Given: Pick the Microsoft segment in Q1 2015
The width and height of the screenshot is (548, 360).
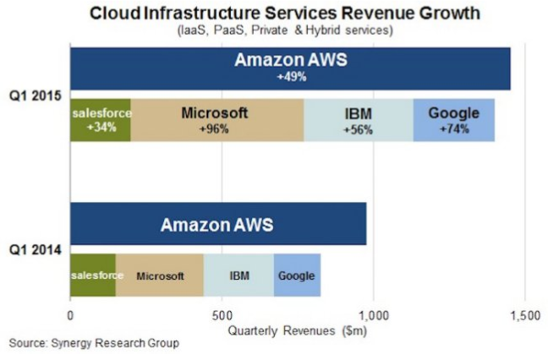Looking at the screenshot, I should coord(217,120).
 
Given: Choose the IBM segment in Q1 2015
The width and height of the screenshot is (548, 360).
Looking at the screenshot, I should coord(359,120).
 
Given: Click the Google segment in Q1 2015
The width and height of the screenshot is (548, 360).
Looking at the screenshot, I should coord(454,120).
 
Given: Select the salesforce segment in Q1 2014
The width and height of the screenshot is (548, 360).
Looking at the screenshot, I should coord(93,275).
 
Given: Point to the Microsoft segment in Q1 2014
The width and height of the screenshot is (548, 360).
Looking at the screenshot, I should coord(160,275).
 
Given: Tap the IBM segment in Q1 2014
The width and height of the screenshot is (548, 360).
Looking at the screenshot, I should coord(238,275).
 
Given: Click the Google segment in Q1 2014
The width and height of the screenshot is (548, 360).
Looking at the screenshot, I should coord(297,275).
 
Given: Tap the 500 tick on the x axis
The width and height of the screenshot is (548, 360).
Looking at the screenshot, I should coord(222,314).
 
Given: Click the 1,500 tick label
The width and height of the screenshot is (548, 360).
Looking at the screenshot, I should coord(525,314).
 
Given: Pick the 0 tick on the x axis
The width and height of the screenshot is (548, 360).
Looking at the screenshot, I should coord(69,314).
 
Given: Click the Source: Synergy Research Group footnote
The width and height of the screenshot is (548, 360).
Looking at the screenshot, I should coord(94,343).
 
